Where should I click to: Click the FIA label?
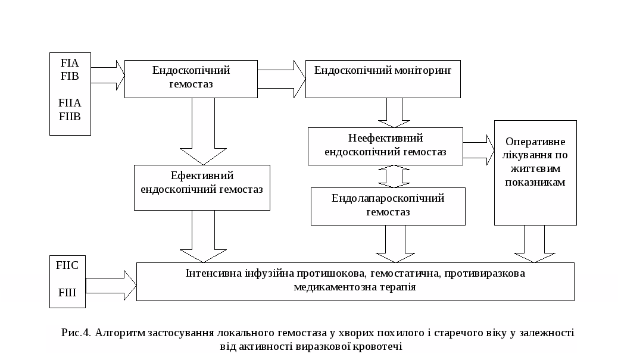70,62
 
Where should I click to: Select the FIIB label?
70,116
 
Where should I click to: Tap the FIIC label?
67,265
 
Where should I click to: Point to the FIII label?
67,293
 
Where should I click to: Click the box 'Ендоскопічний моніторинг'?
383,78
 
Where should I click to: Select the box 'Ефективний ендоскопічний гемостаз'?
202,187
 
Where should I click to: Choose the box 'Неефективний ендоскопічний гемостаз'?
385,146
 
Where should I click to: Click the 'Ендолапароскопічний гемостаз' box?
388,206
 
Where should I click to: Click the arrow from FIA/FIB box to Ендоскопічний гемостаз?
108,74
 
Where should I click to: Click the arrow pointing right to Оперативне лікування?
479,149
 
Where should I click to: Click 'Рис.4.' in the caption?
75,333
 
